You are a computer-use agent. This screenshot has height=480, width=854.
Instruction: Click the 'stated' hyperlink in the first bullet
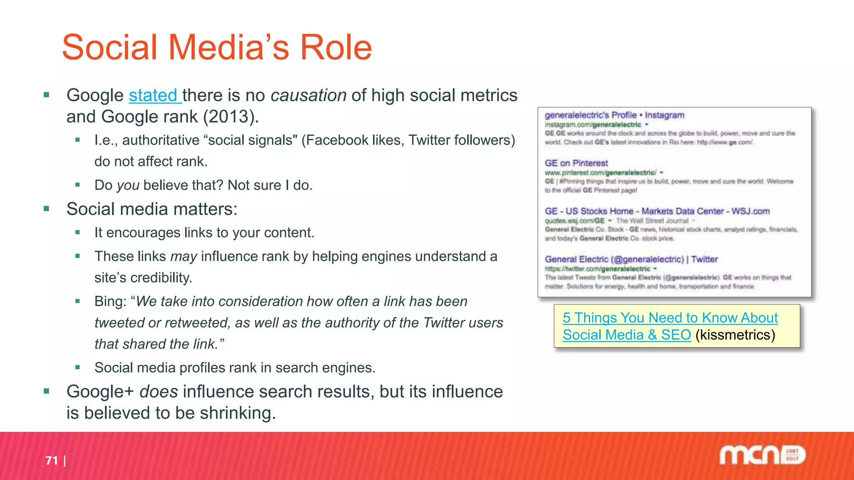[153, 95]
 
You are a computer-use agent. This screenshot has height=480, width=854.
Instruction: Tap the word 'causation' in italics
[308, 95]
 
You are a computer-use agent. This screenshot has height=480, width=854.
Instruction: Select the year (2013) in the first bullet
[231, 117]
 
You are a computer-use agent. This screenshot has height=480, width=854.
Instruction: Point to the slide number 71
[52, 460]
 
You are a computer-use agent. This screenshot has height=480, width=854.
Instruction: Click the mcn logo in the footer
[762, 455]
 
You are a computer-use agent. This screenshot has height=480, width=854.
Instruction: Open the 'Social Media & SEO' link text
[626, 335]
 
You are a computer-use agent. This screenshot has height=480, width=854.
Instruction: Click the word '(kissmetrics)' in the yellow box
[735, 335]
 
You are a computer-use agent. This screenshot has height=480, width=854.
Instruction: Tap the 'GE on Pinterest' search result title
[576, 163]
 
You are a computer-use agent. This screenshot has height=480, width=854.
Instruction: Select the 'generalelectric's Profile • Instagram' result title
[614, 115]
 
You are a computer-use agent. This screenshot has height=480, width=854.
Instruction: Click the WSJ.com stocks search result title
[657, 211]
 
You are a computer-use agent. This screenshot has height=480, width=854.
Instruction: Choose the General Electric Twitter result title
[631, 259]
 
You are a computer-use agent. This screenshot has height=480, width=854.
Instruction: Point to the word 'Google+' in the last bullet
[100, 392]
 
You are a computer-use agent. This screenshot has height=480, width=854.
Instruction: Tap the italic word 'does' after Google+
[158, 392]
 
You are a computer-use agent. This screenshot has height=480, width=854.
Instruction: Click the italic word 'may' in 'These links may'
[183, 257]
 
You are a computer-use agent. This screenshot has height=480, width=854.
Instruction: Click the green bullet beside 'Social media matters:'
[46, 209]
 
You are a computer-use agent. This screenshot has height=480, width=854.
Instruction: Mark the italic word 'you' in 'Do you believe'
[128, 185]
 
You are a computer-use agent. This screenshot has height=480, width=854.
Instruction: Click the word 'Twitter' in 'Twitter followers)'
[429, 140]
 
